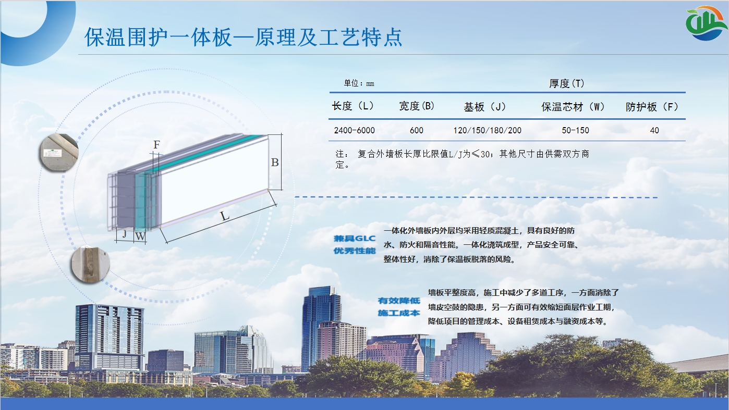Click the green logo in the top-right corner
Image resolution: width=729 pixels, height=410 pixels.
(706, 23)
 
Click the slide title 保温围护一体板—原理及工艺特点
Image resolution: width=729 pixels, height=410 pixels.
(244, 38)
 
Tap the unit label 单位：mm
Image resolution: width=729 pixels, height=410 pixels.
(359, 83)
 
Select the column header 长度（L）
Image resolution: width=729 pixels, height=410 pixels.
(353, 106)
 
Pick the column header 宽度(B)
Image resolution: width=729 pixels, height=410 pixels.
(417, 106)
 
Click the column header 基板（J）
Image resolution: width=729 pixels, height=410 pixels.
(485, 107)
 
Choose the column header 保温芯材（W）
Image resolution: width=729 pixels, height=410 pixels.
(573, 107)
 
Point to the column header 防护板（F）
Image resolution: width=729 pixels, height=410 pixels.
(652, 107)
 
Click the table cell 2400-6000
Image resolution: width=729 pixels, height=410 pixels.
(355, 130)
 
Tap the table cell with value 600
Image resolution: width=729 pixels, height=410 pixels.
(417, 130)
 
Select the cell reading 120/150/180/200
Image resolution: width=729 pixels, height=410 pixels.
(488, 130)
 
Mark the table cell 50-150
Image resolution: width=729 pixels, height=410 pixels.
(575, 130)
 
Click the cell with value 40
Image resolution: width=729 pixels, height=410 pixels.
(654, 130)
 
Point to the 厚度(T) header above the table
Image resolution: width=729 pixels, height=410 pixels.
(567, 83)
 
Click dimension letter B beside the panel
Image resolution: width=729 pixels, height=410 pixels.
(275, 162)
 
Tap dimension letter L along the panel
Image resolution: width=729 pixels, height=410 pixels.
(225, 216)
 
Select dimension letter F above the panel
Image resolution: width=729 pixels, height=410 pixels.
(156, 144)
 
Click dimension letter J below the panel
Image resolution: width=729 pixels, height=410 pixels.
(124, 233)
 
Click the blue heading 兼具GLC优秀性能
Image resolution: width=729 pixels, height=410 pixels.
(355, 244)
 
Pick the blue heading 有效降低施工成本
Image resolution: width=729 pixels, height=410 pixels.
(399, 307)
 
